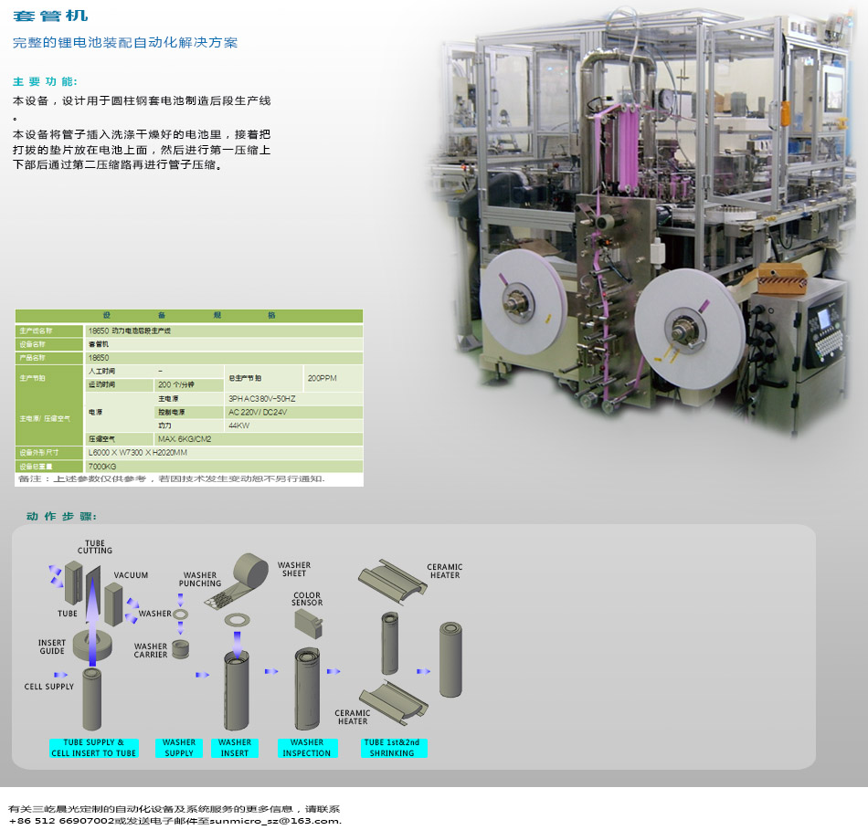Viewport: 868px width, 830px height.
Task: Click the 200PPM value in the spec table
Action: point(323,378)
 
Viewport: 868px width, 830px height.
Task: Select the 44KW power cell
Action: point(238,426)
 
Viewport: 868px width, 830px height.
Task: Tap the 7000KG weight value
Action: point(102,467)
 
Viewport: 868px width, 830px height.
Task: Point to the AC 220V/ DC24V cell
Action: point(258,413)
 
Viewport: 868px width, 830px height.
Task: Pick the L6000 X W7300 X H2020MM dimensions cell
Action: point(138,453)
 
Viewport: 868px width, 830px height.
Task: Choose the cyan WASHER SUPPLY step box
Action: point(179,748)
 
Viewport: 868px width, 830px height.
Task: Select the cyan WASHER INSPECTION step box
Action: point(307,748)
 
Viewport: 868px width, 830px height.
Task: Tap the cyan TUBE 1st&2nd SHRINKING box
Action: point(392,748)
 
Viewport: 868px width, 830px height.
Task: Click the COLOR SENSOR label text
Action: point(307,599)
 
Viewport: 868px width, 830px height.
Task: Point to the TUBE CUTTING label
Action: point(95,547)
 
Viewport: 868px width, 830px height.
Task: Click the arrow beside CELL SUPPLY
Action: point(60,675)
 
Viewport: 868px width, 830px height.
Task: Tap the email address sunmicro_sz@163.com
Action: point(275,821)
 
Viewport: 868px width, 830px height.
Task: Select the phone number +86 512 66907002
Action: point(55,821)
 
